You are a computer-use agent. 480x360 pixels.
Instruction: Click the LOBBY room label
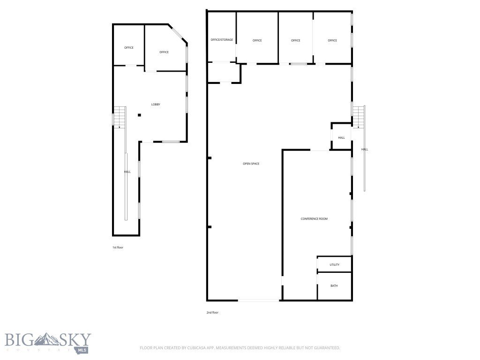pos(156,105)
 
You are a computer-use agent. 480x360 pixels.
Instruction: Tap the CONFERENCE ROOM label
pos(314,219)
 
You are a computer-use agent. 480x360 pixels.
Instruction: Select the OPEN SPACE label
pos(251,164)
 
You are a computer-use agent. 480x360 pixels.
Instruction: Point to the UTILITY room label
pos(334,265)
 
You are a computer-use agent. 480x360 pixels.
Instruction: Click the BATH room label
pos(334,286)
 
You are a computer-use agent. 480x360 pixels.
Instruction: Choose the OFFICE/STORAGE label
pos(222,40)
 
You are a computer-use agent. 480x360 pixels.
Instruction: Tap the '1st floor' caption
pos(118,247)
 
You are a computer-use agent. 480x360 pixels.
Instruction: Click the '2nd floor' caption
pos(212,313)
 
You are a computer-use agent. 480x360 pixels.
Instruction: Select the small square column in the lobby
pos(139,115)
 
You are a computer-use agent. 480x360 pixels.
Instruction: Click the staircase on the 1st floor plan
pos(120,117)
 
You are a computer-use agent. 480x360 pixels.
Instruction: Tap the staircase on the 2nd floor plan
pos(359,117)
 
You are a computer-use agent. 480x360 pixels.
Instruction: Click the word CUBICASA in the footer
pos(197,348)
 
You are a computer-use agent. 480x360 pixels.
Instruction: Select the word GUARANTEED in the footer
pos(328,348)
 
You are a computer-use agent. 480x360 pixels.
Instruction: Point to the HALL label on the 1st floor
pos(127,172)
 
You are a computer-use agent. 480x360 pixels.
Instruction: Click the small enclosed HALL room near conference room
pos(341,136)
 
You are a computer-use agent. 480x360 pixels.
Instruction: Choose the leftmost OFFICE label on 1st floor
pos(129,48)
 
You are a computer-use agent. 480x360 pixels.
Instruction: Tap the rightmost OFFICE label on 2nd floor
pos(332,40)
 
